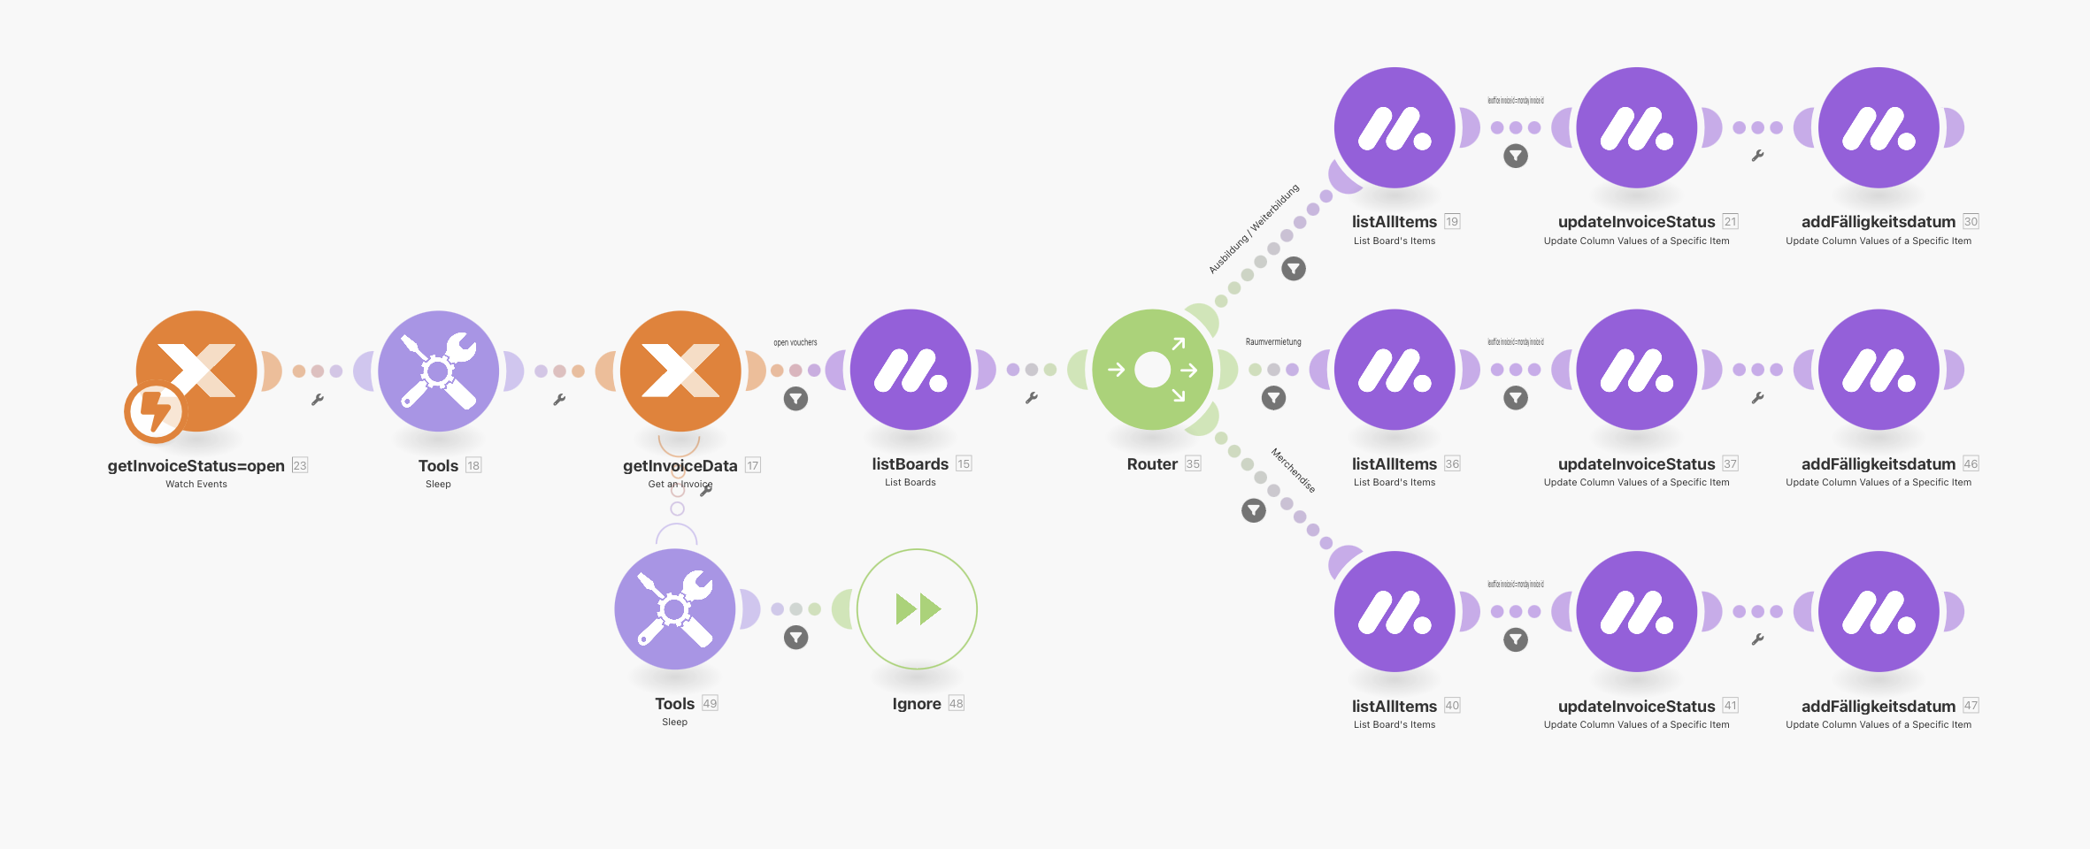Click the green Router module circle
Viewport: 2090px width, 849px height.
coord(1152,370)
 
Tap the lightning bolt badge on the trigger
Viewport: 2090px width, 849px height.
coord(155,411)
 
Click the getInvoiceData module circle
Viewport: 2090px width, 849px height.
coord(680,370)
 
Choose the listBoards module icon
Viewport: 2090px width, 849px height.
coord(911,370)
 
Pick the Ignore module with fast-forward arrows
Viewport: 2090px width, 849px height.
coord(917,609)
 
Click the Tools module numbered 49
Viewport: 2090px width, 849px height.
coord(674,609)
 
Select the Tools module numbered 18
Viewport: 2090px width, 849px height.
coord(438,370)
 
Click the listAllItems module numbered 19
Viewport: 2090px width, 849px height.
coord(1395,127)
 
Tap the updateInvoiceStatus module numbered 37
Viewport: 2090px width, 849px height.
coord(1636,370)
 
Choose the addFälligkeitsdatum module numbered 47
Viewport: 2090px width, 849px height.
coord(1879,611)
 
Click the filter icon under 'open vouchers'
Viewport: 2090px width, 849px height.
coord(795,399)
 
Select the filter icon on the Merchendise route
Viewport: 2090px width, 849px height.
coord(1254,510)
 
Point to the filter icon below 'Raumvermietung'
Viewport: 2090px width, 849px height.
coord(1273,398)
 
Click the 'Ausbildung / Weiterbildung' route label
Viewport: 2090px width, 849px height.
coord(1254,229)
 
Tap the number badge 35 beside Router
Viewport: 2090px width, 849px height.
coord(1193,464)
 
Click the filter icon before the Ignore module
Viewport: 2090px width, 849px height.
coord(795,638)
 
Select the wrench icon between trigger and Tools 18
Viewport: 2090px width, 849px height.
coord(318,400)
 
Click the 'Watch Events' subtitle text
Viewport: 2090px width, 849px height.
coord(196,484)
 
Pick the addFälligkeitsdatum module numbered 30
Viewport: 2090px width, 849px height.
coord(1879,127)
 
